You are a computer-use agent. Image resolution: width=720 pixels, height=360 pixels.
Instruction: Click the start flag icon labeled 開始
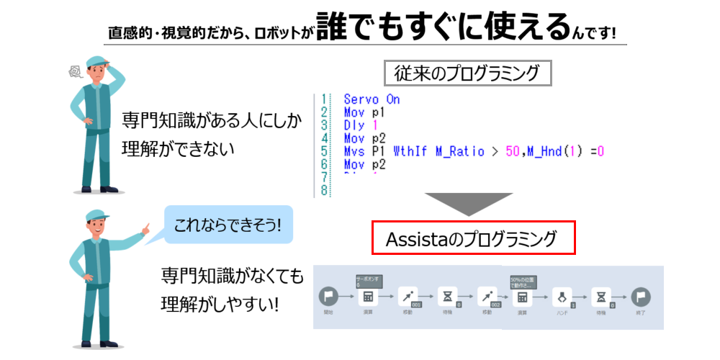pyautogui.click(x=328, y=297)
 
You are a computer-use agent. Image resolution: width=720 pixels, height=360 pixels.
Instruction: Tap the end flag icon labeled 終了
pyautogui.click(x=639, y=297)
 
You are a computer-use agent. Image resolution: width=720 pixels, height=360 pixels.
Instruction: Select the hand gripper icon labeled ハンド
pyautogui.click(x=562, y=297)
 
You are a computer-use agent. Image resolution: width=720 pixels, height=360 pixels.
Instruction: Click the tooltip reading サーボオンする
pyautogui.click(x=368, y=281)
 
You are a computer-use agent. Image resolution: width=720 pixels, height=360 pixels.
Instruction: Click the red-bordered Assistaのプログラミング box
pyautogui.click(x=473, y=238)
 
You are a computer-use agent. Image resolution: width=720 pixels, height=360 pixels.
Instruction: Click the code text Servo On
pyautogui.click(x=372, y=99)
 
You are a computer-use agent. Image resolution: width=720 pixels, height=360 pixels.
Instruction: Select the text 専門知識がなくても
pyautogui.click(x=232, y=276)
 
